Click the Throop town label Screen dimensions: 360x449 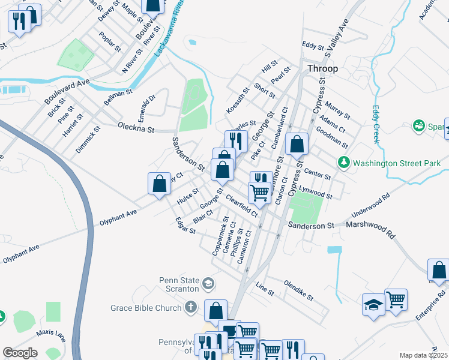point(322,68)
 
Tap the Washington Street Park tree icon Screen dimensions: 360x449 point(343,162)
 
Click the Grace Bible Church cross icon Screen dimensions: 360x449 point(191,308)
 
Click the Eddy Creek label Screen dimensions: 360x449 point(376,124)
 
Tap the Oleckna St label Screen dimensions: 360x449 point(136,129)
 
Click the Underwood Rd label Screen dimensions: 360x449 point(371,205)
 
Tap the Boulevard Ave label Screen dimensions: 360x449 point(67,91)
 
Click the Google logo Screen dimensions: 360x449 point(20,353)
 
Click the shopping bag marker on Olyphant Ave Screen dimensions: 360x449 point(159,183)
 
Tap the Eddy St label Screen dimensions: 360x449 point(313,46)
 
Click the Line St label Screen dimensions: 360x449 point(265,289)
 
